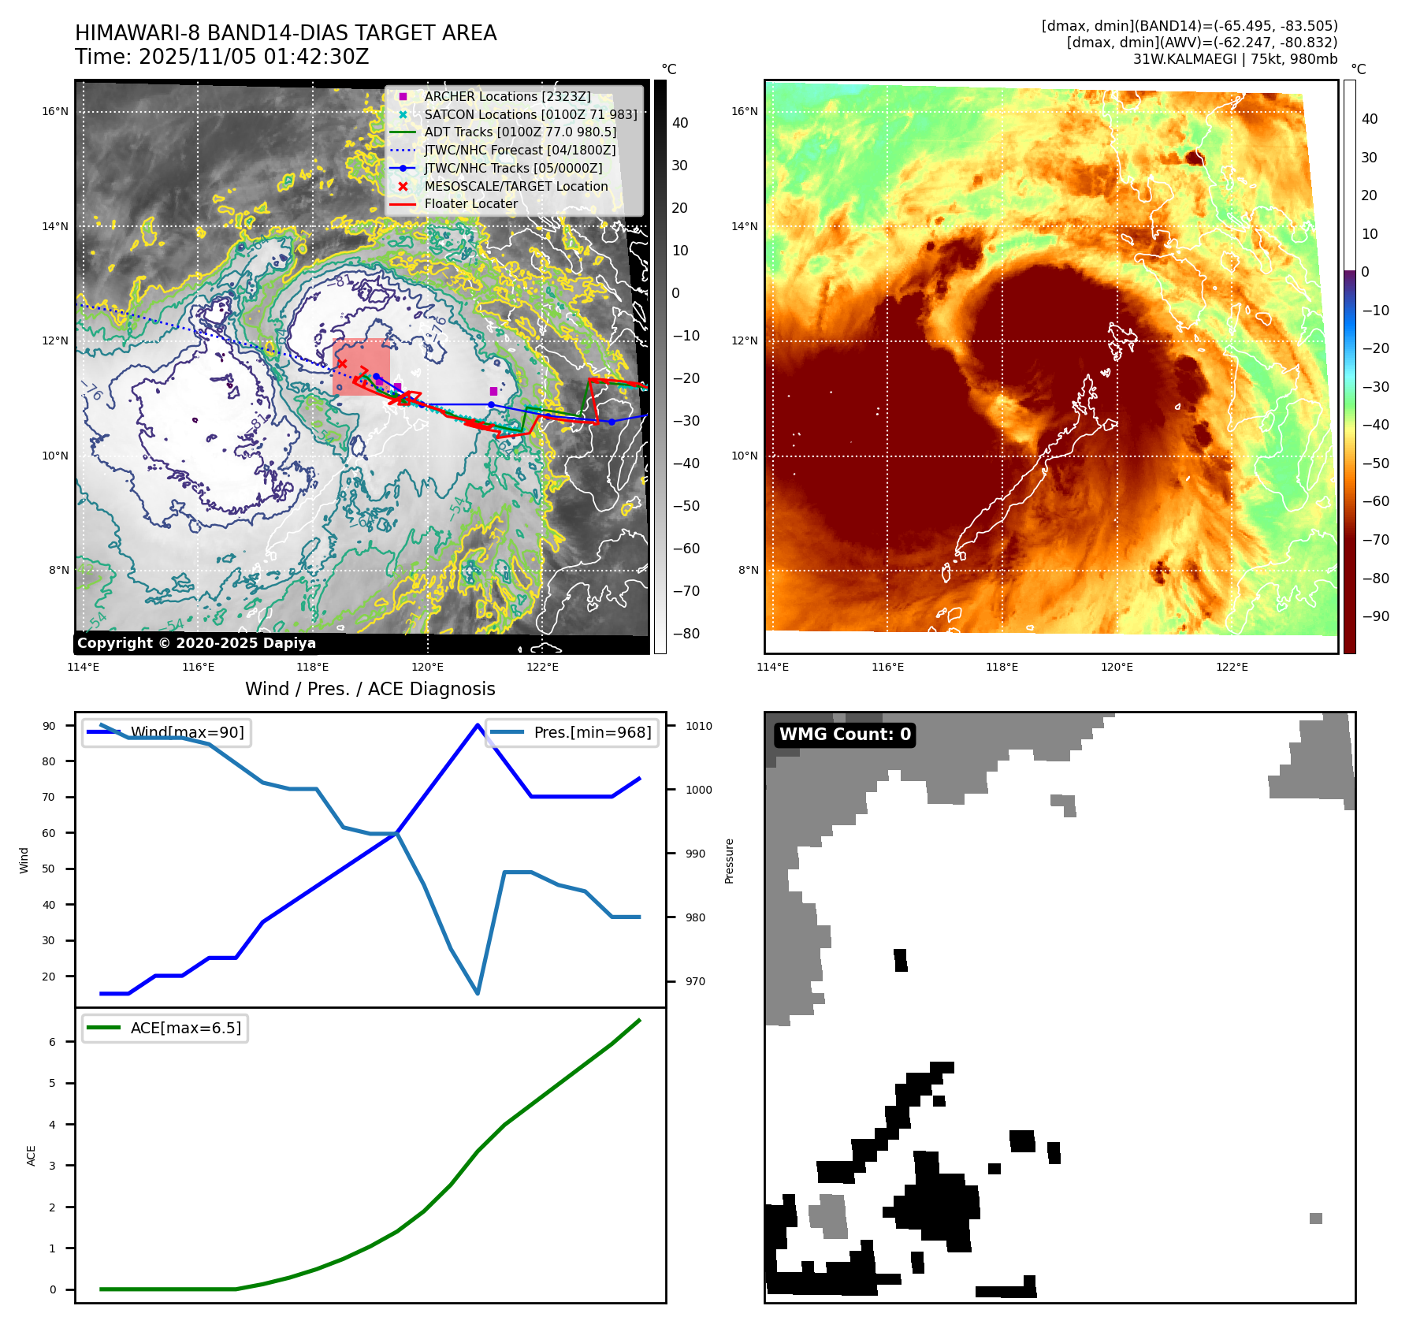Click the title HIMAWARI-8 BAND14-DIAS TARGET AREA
[x=285, y=33]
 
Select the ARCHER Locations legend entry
[x=507, y=96]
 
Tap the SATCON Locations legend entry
[x=530, y=114]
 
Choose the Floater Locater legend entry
[x=470, y=203]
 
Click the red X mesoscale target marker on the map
[x=342, y=363]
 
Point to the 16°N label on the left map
[x=55, y=111]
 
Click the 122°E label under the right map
[x=1232, y=667]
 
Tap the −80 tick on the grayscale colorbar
[x=686, y=633]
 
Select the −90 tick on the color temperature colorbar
[x=1375, y=616]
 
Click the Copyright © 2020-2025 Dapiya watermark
[x=196, y=643]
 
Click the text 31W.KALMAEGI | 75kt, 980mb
[x=1235, y=59]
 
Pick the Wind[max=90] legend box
[x=166, y=732]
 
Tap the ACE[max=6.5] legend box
[x=165, y=1028]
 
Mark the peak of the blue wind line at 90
[x=478, y=725]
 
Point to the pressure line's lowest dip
[x=478, y=993]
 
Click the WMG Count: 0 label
[x=845, y=735]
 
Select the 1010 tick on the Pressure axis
[x=698, y=726]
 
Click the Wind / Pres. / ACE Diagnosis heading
[x=370, y=689]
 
